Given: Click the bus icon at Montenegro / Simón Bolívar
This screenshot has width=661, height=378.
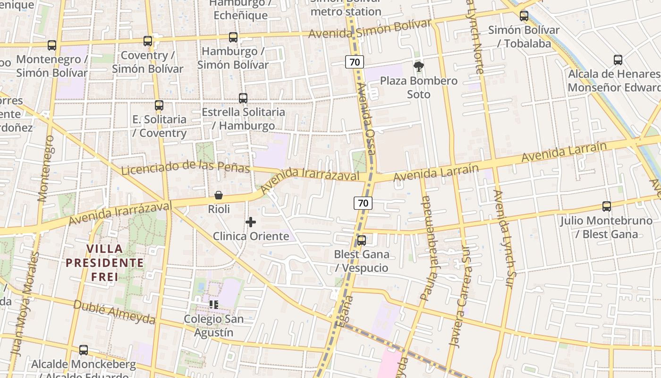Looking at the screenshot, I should click(x=52, y=45).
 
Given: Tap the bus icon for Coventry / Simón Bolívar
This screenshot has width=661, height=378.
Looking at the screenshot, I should click(x=148, y=41).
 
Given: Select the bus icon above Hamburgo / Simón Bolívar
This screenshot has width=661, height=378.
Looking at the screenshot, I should click(x=233, y=37).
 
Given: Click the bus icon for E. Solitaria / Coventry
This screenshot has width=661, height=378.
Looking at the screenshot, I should click(x=159, y=105).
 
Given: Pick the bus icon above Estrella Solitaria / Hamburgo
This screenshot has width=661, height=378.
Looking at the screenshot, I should click(x=243, y=98).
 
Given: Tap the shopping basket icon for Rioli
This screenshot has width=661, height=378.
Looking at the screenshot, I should click(x=219, y=195).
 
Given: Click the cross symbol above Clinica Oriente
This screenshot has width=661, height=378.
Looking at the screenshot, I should click(x=251, y=222).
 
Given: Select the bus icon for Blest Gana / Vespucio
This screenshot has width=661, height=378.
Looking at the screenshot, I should click(x=362, y=241).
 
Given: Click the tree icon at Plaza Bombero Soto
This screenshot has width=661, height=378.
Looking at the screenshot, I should click(x=418, y=67).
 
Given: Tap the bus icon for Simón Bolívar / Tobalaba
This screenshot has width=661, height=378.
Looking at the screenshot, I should click(x=524, y=16).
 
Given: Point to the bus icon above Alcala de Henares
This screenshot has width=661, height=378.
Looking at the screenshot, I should click(x=618, y=60).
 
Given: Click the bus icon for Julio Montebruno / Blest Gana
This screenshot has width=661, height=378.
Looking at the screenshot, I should click(x=607, y=206).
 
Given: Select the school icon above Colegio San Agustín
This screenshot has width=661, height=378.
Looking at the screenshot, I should click(x=213, y=305).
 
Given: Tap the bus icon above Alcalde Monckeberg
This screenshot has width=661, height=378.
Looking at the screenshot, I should click(x=84, y=350).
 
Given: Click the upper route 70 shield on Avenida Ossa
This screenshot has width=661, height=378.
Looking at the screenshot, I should click(x=354, y=61).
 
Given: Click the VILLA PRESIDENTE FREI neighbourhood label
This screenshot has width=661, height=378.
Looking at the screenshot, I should click(x=104, y=262).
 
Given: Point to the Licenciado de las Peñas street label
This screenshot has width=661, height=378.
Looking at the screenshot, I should click(x=185, y=167).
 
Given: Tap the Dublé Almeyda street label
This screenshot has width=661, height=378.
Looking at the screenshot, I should click(x=114, y=313).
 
